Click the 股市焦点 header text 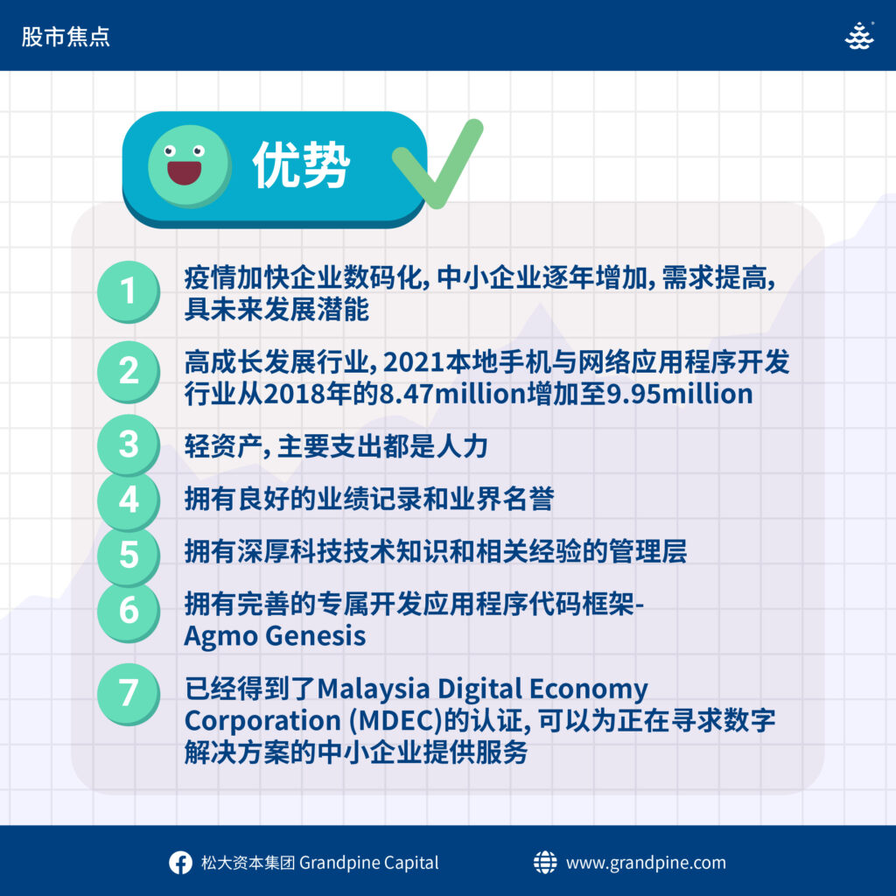click(66, 37)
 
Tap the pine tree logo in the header click(859, 36)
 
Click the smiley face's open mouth click(184, 172)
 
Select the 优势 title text click(301, 164)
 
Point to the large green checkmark click(438, 164)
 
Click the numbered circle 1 click(128, 291)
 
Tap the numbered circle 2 click(128, 371)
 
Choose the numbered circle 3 click(128, 444)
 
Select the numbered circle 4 click(128, 500)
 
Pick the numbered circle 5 click(128, 554)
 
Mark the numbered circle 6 click(128, 610)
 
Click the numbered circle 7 click(128, 694)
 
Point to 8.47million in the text click(452, 394)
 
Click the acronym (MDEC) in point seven click(395, 721)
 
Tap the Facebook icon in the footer click(180, 863)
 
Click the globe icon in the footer click(545, 862)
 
